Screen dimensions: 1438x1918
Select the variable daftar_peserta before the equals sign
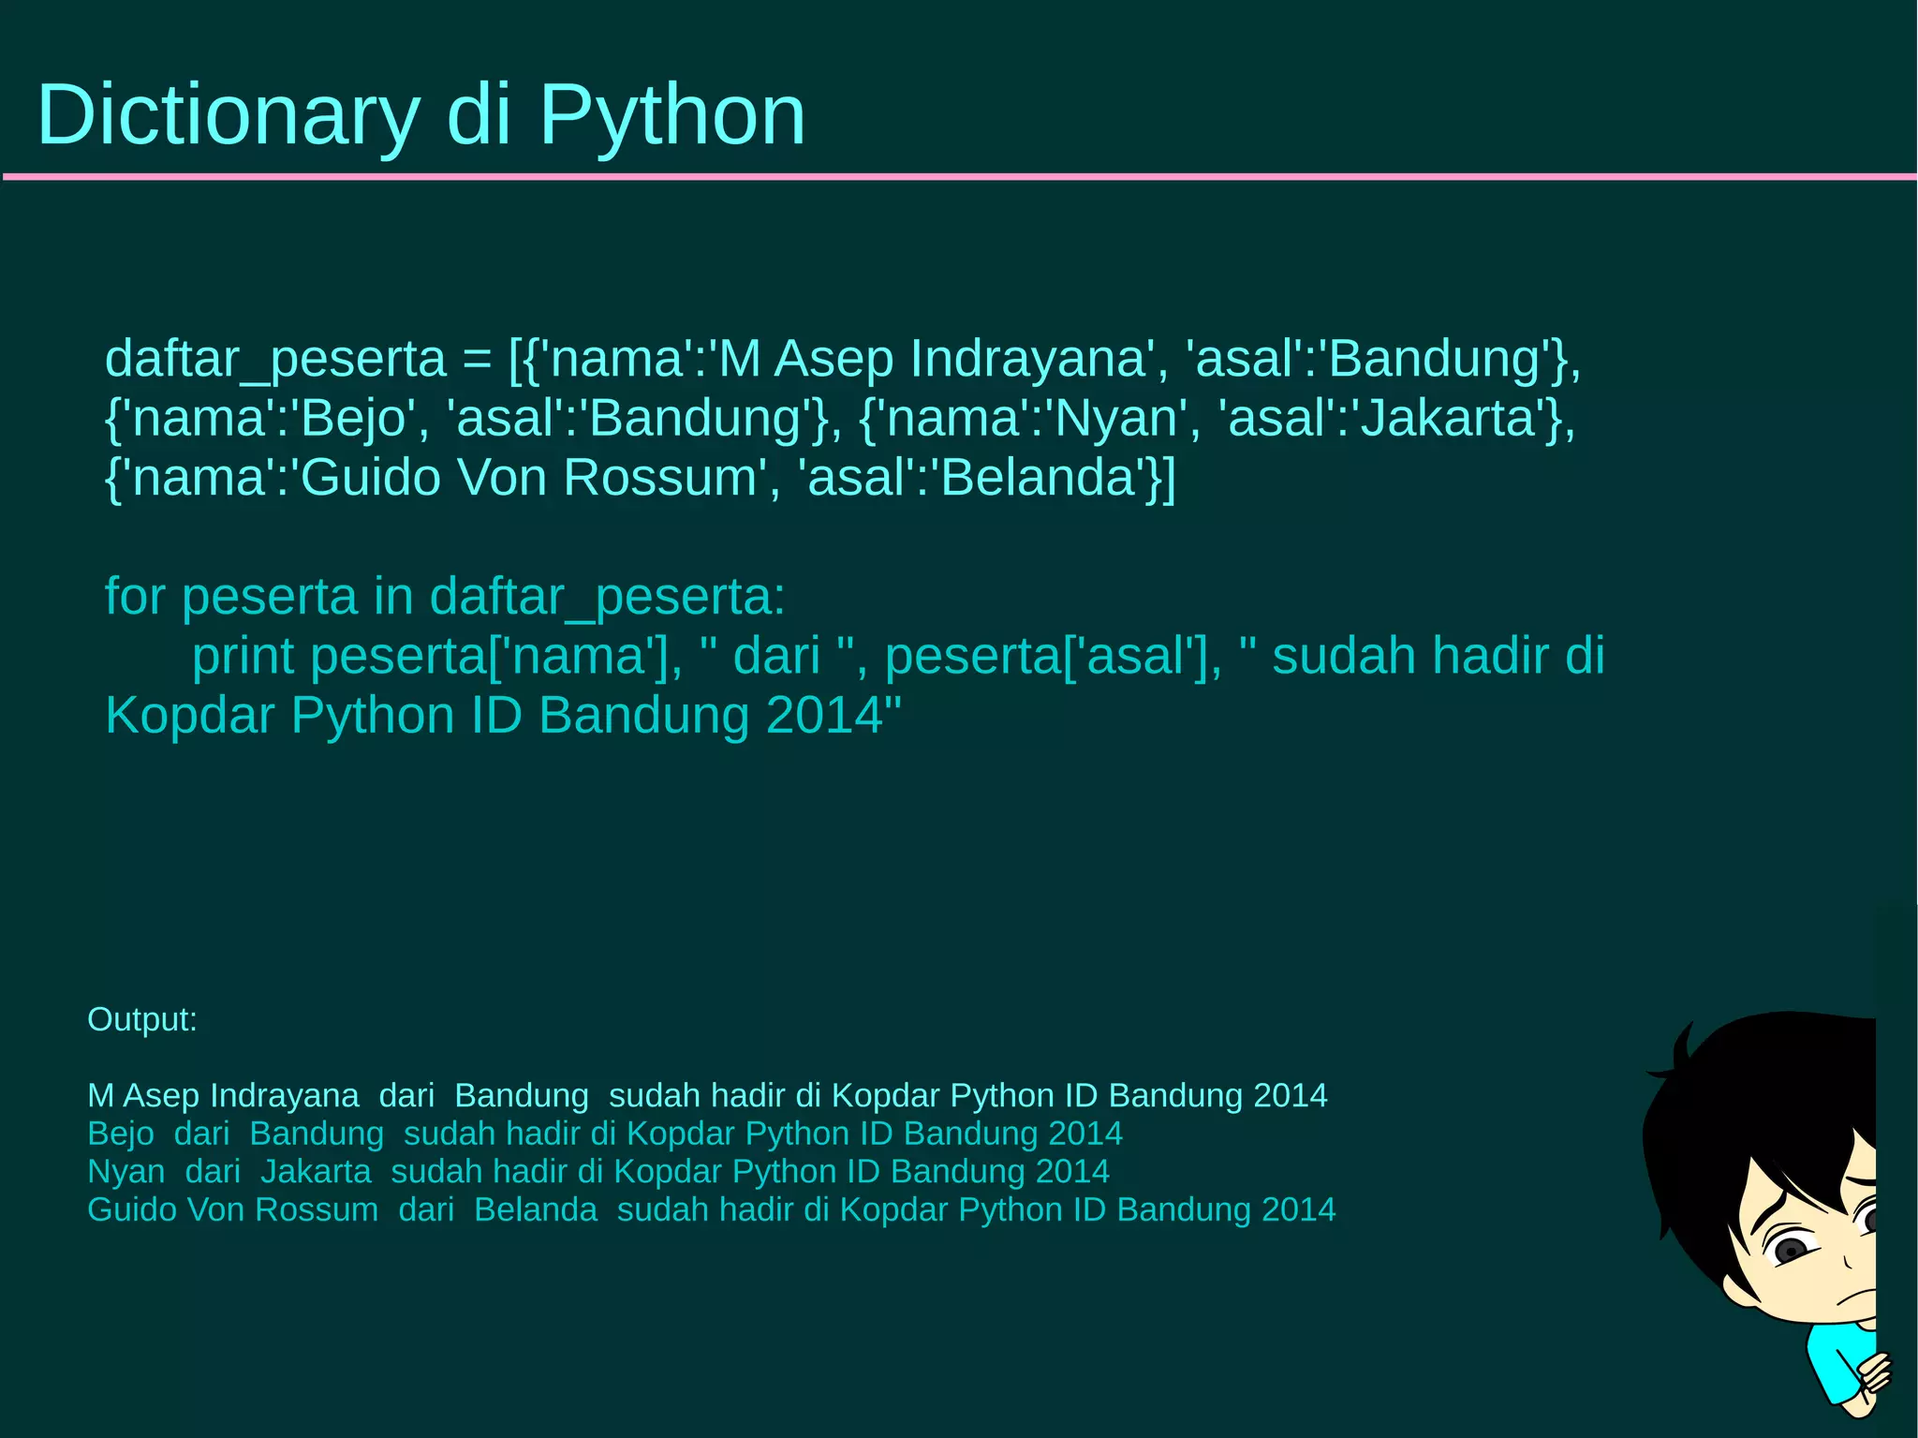click(x=275, y=360)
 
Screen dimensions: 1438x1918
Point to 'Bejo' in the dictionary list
click(x=351, y=419)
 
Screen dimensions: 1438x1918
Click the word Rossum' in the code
click(x=665, y=478)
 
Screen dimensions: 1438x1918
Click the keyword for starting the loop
click(x=135, y=597)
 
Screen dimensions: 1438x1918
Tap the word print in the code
click(x=243, y=656)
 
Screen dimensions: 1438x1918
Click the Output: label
click(x=142, y=1019)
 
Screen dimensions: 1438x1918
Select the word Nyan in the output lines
click(x=125, y=1172)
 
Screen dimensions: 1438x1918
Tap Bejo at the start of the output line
click(x=120, y=1134)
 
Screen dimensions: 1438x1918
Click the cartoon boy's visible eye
click(x=1791, y=1251)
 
